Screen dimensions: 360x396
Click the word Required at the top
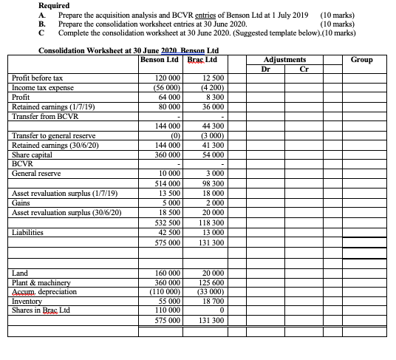[x=54, y=5]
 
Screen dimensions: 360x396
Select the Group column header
[x=361, y=59]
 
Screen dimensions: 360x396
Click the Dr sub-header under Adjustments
[x=266, y=69]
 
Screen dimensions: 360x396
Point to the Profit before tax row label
[x=38, y=78]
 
